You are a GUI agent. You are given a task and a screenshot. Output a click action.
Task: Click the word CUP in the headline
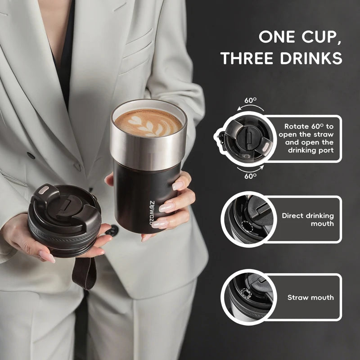coord(321,37)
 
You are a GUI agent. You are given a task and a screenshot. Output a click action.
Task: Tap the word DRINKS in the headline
coord(311,58)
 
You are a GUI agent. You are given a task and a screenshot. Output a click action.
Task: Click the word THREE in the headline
coord(247,58)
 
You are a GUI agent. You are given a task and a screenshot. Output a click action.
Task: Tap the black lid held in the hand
coord(65,219)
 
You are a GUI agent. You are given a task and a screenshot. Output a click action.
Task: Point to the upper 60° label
coord(251,100)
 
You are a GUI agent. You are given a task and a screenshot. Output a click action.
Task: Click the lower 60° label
coord(251,176)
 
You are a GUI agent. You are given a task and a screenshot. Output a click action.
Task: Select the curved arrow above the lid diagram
coord(250,107)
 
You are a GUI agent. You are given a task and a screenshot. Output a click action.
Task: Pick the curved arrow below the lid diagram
coord(250,169)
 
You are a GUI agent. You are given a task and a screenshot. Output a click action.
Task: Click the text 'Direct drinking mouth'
coord(308,220)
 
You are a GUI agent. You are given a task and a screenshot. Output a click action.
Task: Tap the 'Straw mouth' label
coord(310,297)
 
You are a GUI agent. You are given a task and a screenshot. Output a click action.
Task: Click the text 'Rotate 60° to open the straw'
coord(306,130)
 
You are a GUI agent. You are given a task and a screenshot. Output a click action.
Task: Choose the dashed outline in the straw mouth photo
coord(245,293)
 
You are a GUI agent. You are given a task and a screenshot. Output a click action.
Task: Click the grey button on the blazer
coord(31,155)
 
